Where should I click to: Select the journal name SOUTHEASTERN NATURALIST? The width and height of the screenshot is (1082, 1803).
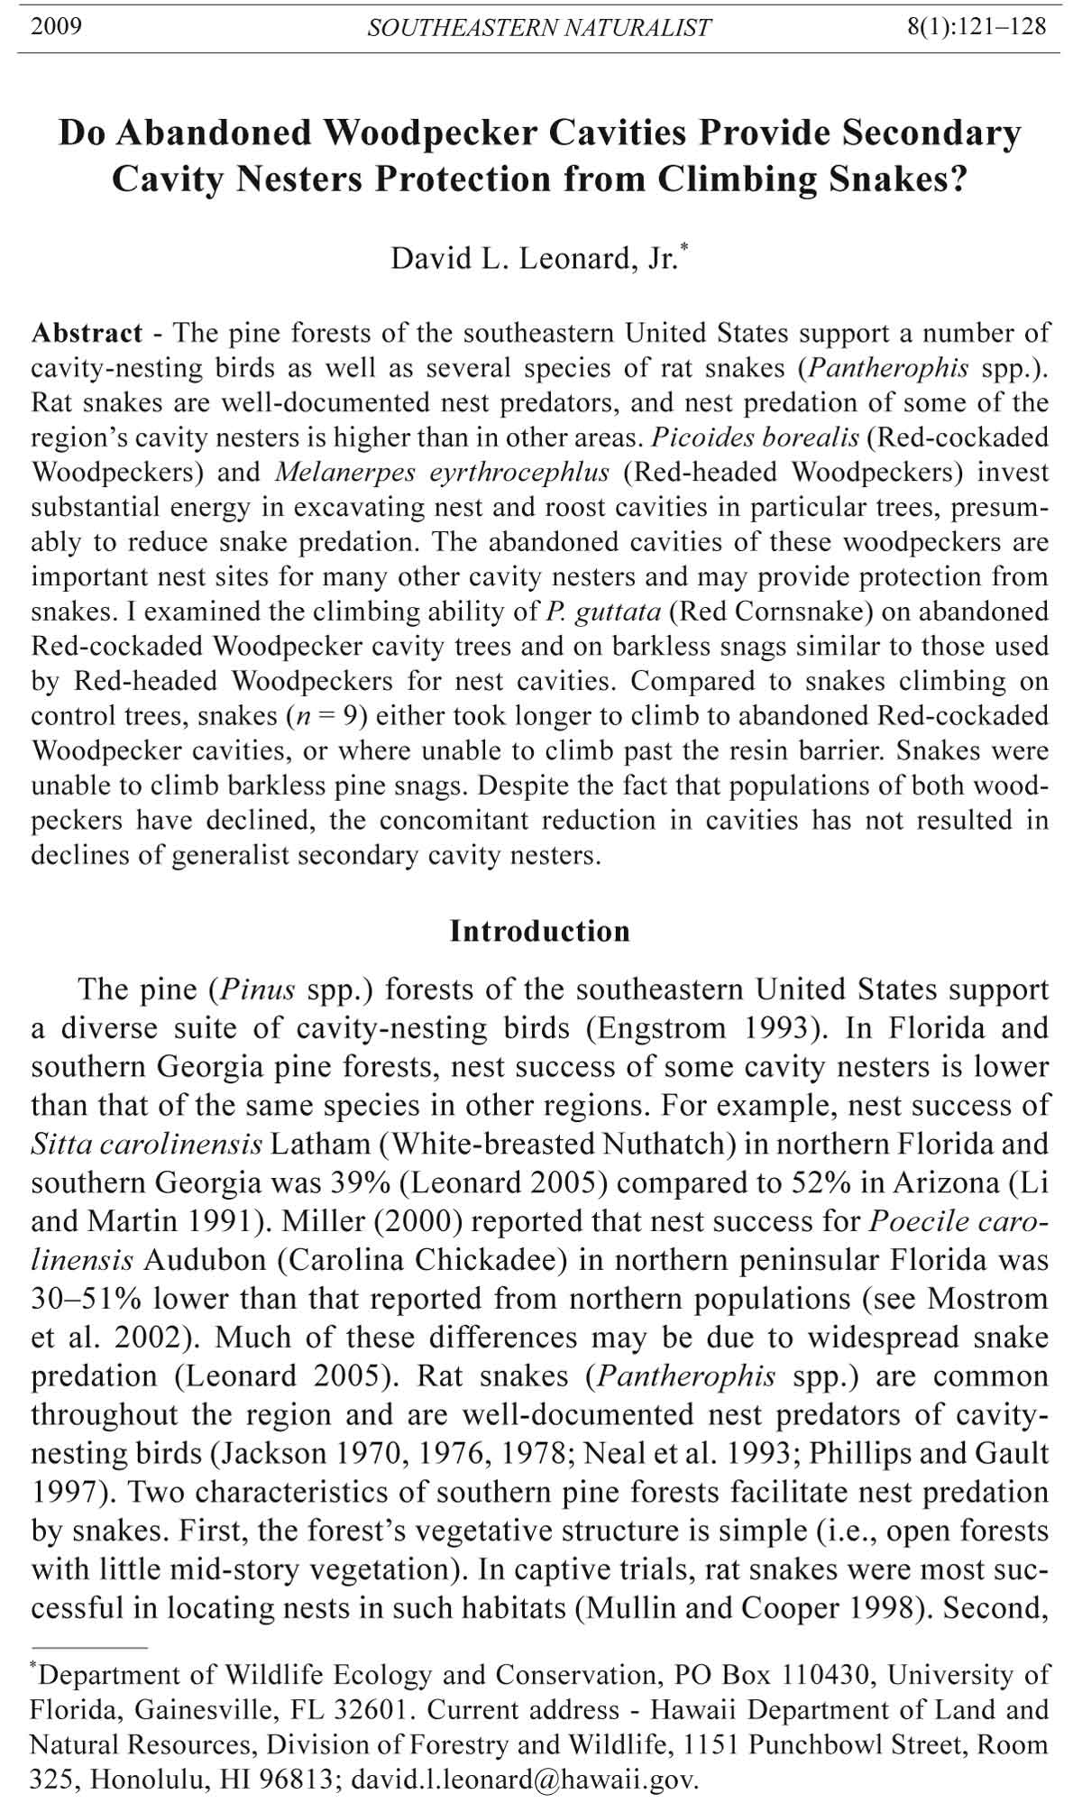[538, 28]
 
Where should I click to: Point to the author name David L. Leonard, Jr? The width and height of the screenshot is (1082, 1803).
[533, 259]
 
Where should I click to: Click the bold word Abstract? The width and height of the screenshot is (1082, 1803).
[87, 333]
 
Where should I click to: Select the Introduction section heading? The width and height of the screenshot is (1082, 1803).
[539, 931]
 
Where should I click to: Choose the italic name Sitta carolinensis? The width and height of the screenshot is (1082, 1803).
[147, 1145]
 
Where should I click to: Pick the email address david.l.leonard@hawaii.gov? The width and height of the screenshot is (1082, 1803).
[524, 1780]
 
